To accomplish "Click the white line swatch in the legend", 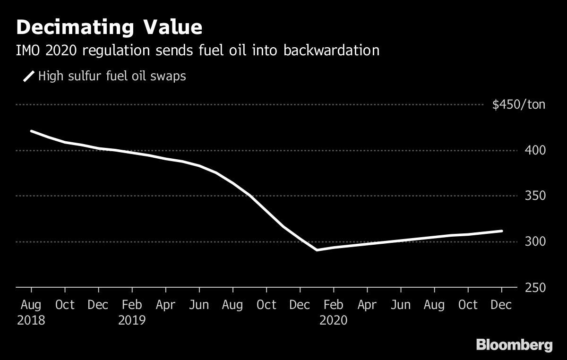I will point(29,76).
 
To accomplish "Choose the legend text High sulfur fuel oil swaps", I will point(112,76).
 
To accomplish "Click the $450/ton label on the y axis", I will point(518,104).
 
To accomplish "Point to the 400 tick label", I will point(535,150).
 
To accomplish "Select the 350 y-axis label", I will point(535,196).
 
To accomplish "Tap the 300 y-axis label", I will point(535,241).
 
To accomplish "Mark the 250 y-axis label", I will point(535,288).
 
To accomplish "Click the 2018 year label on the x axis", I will point(31,320).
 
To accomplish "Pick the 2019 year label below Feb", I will point(132,320).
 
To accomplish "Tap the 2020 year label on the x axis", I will point(334,320).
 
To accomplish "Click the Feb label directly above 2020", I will point(334,305).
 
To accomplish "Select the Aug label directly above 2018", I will point(31,305).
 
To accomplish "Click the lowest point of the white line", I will point(317,250).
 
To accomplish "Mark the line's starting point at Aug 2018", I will point(31,131).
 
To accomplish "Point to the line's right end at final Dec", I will point(501,231).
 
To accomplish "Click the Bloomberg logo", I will point(514,345).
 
